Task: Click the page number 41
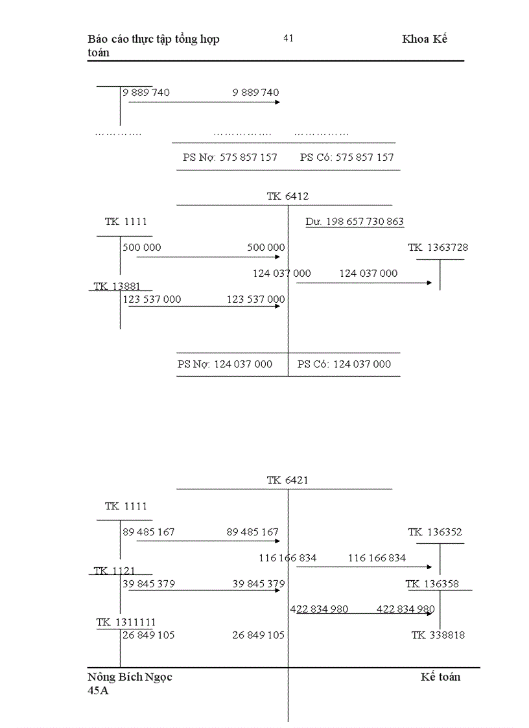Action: click(x=288, y=38)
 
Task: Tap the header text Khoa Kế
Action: click(x=425, y=39)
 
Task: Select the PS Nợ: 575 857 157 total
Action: click(x=230, y=157)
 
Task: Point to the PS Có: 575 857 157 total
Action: click(x=347, y=157)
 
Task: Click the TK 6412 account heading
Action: click(x=288, y=196)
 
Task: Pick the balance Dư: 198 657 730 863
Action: click(x=355, y=222)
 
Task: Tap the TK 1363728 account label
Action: click(x=438, y=248)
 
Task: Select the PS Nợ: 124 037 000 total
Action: click(x=225, y=364)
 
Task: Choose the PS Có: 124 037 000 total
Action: click(x=344, y=364)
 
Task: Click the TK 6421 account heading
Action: click(x=288, y=480)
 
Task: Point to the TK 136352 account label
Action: click(x=435, y=532)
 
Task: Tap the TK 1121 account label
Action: click(x=114, y=571)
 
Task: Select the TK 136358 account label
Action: click(x=432, y=584)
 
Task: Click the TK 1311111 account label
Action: click(x=126, y=622)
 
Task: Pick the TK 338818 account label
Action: click(x=438, y=635)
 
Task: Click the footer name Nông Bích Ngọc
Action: click(x=130, y=677)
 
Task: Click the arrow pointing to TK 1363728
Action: click(x=364, y=283)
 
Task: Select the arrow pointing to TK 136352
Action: click(x=364, y=567)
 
